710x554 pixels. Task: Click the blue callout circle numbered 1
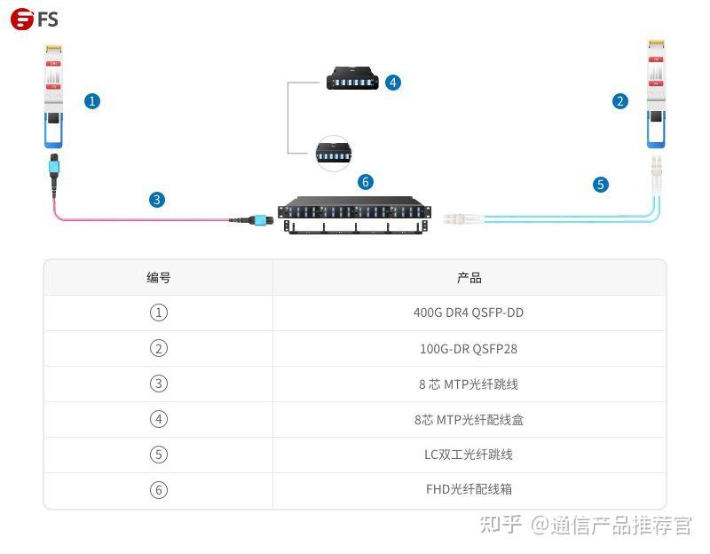(92, 101)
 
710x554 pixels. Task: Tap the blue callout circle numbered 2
(620, 101)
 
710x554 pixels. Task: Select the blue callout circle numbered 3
(157, 200)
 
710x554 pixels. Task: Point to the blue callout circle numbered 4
(393, 83)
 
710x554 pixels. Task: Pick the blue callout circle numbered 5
(602, 185)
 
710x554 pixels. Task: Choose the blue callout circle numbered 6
(366, 182)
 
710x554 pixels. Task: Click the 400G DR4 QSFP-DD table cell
(469, 313)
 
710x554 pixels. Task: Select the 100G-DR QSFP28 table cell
(469, 349)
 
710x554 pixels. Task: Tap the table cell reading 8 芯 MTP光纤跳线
(469, 384)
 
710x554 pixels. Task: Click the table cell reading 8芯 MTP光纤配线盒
(469, 419)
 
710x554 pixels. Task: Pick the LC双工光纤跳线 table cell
(469, 455)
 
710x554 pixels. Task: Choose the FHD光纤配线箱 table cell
(469, 489)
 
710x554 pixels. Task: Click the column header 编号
(159, 278)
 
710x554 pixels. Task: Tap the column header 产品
(469, 278)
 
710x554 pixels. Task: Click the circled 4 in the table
(159, 419)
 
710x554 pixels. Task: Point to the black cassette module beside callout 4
(352, 78)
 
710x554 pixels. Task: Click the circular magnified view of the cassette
(334, 153)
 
